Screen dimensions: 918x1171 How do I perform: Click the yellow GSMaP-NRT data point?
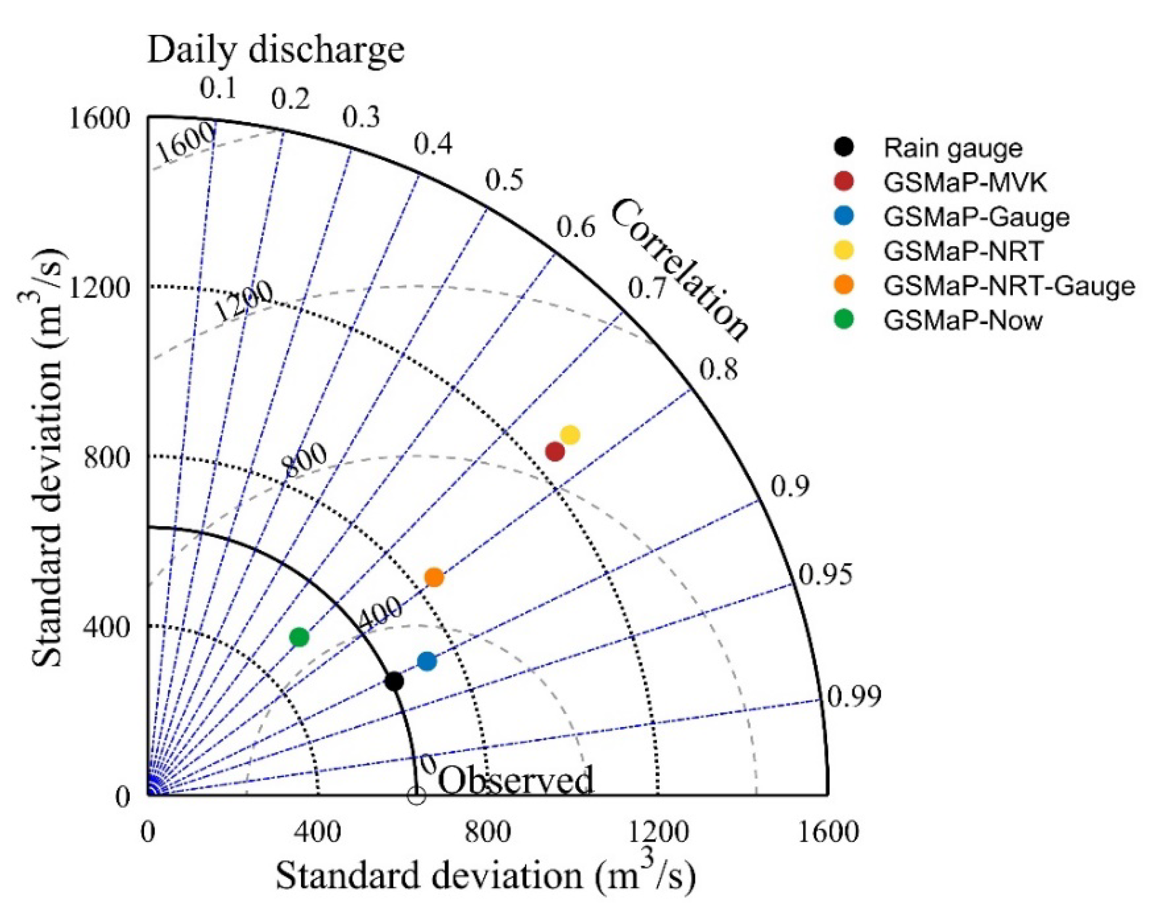570,434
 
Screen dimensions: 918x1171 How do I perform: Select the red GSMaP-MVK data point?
555,451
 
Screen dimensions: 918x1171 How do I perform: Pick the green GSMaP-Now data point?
299,637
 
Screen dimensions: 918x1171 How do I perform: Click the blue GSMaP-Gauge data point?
427,661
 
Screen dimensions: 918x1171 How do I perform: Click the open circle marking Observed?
417,796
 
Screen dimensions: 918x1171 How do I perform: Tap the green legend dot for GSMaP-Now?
845,320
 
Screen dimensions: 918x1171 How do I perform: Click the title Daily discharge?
275,49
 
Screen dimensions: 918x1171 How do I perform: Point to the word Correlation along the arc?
680,269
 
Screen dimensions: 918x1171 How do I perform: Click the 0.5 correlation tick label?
504,180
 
